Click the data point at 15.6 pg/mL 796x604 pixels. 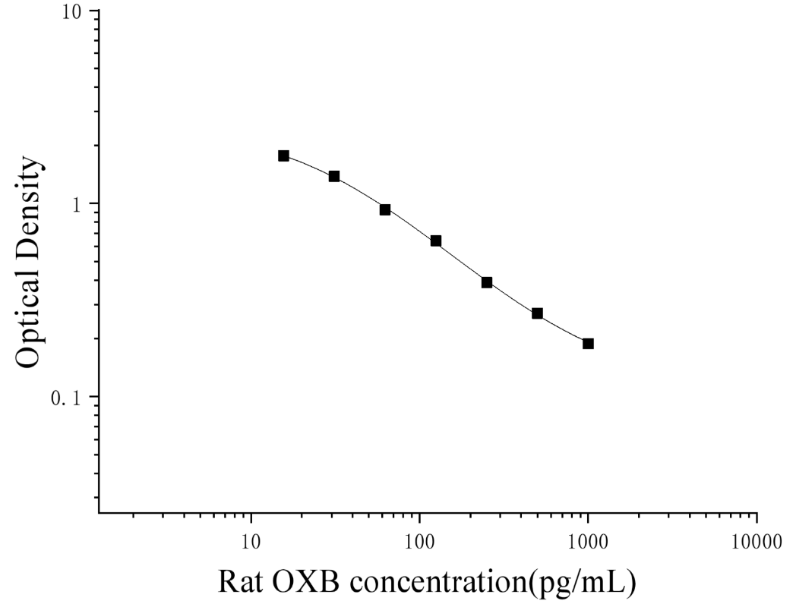point(283,156)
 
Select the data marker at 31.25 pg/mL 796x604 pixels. point(334,177)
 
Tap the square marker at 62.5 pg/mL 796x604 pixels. point(385,209)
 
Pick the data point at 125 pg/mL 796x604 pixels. point(435,241)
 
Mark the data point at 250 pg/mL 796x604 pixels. point(487,282)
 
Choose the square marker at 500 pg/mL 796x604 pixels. point(537,313)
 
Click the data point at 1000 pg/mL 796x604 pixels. point(588,344)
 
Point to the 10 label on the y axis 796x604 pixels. point(73,11)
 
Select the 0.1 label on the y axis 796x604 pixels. point(67,398)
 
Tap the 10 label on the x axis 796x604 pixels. point(251,542)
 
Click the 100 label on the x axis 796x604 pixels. point(419,542)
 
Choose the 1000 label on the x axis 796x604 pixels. point(588,542)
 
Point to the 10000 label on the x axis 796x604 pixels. point(757,542)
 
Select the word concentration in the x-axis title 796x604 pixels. point(437,582)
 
